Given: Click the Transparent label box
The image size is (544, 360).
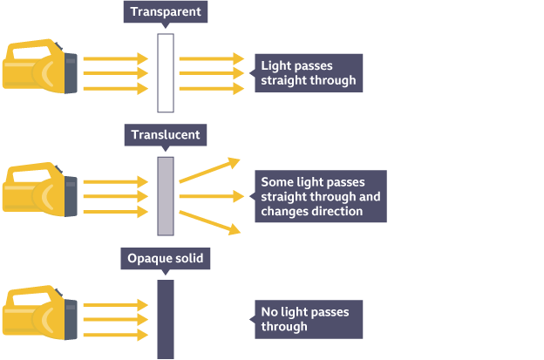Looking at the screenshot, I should [166, 12].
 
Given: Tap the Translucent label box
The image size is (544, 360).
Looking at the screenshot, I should [166, 135].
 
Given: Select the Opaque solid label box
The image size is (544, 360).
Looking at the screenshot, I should [166, 259].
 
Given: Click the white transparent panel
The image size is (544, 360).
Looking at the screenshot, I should [166, 73].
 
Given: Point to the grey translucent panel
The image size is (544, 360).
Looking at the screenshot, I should [166, 196].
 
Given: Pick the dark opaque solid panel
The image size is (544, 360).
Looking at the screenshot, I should [166, 319].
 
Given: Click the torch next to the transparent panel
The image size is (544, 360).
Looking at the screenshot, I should [40, 65].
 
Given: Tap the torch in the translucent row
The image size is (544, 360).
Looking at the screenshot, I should [40, 187].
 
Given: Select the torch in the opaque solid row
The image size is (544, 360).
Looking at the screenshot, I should [40, 311].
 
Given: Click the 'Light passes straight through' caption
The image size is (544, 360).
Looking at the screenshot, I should [308, 73].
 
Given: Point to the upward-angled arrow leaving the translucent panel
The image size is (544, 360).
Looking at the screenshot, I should [209, 170].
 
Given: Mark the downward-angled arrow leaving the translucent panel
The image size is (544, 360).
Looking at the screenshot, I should [209, 221].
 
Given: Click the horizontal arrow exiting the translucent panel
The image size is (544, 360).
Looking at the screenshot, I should [209, 196].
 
